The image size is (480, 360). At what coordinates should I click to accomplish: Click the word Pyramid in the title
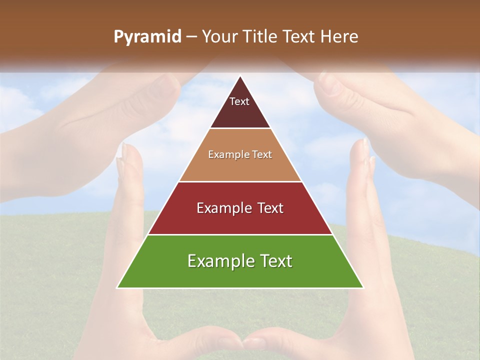coord(147,37)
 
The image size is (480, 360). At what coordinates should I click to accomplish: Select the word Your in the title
coord(219,37)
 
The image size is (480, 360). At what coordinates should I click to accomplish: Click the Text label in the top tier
coord(239,101)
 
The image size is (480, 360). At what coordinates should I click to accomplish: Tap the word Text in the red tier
coord(270,208)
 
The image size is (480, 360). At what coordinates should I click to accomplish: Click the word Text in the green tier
coord(274,261)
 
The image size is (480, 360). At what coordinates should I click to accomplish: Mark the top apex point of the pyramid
coord(240,76)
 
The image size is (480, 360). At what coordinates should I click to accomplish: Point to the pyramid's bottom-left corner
coord(117,288)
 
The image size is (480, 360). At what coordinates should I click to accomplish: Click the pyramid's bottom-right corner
coord(363,288)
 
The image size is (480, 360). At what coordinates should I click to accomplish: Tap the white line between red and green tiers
coord(240,234)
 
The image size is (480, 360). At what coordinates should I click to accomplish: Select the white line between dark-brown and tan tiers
coord(240,128)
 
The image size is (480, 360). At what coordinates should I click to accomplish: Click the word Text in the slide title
coord(299,37)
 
